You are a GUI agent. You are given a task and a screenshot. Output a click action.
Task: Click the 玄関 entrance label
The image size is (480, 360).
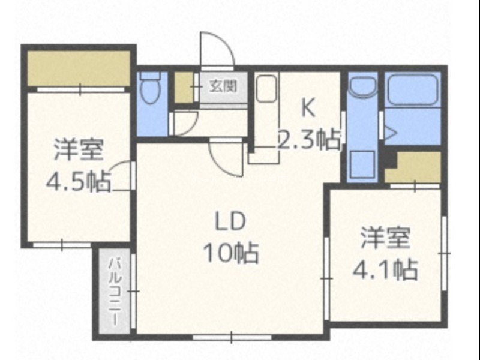[223, 86]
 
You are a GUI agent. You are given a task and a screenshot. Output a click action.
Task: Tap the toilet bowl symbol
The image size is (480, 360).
[151, 88]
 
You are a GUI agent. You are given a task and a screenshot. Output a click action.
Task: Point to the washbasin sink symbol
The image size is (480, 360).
[363, 87]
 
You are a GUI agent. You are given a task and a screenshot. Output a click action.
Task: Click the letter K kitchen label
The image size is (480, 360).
[308, 108]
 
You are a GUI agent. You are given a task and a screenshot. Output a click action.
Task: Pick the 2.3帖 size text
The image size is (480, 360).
[309, 140]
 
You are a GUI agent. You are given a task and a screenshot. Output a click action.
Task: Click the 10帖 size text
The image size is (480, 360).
[232, 253]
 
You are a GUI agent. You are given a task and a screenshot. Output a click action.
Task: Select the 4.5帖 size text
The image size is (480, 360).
[79, 181]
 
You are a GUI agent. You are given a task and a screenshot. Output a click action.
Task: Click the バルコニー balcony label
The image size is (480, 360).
[116, 292]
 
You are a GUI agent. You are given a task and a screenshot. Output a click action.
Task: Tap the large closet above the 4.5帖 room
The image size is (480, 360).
[79, 68]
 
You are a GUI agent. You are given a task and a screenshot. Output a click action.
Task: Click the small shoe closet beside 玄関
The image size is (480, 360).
[184, 87]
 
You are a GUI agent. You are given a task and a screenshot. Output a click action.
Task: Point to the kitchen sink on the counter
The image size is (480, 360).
[266, 88]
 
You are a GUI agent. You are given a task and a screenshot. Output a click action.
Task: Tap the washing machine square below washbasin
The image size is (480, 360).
[362, 164]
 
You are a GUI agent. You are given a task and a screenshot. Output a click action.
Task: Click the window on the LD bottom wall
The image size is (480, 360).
[232, 337]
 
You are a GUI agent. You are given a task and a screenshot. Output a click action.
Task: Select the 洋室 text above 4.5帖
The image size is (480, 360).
[79, 150]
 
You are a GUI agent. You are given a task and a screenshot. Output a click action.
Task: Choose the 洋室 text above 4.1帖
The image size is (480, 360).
[385, 238]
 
